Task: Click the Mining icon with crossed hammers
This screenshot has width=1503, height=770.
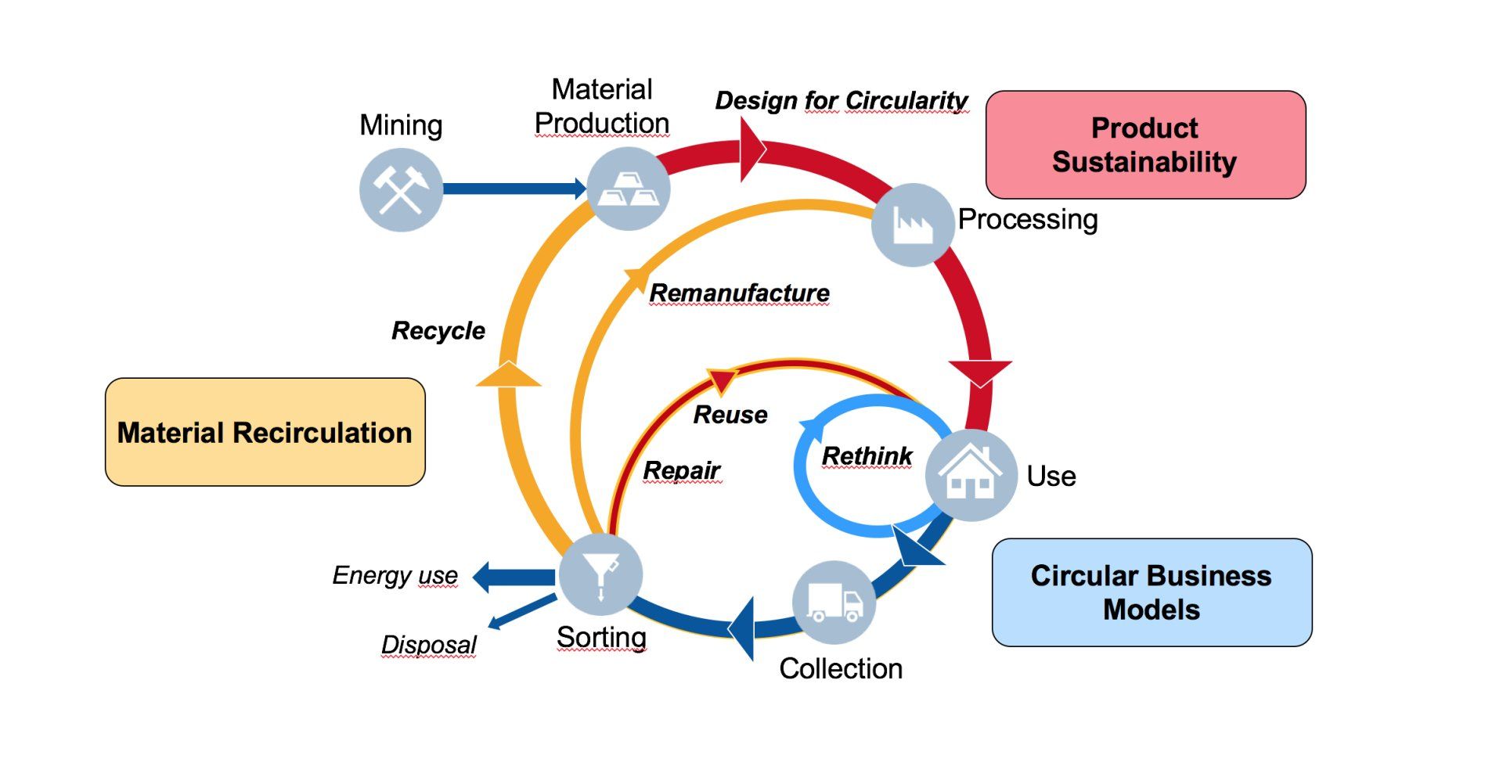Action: pos(401,189)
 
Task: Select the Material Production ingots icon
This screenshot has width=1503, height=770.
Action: pos(628,189)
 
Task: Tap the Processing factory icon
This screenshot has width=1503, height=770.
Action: pos(913,225)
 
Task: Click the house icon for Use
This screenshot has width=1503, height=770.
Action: pos(971,474)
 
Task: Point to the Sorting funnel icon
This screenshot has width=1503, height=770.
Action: pos(600,575)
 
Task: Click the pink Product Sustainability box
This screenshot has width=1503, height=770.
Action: pos(1144,145)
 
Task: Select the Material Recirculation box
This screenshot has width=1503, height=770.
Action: pos(265,432)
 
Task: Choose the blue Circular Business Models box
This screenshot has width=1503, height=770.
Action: pos(1151,592)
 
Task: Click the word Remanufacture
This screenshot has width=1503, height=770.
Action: pos(739,293)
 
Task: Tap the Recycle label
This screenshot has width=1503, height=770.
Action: pos(438,330)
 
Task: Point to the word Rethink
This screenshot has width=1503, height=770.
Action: pos(867,455)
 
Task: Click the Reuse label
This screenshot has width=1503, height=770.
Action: pos(730,414)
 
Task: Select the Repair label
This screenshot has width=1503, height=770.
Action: pos(681,470)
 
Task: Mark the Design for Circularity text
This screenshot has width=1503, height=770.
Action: pos(841,100)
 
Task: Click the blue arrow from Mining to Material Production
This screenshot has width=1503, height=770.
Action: pos(513,189)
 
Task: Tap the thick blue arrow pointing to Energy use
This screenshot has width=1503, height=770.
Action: pos(513,577)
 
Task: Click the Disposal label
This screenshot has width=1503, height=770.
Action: pos(428,645)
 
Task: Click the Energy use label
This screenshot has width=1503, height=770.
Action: pos(395,575)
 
